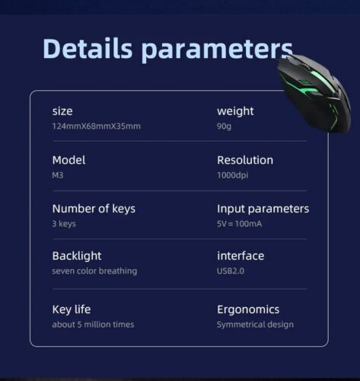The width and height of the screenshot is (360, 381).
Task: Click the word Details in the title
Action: pyautogui.click(x=88, y=48)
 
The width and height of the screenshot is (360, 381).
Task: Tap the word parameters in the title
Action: pyautogui.click(x=217, y=50)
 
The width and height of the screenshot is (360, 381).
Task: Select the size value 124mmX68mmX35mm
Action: pyautogui.click(x=96, y=126)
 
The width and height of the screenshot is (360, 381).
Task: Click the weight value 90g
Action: pyautogui.click(x=224, y=126)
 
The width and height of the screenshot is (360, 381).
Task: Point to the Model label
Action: pyautogui.click(x=68, y=160)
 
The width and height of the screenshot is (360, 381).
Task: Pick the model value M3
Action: pyautogui.click(x=58, y=175)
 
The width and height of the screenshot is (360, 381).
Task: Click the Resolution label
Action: pyautogui.click(x=245, y=160)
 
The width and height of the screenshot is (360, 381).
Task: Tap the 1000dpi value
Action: pyautogui.click(x=233, y=175)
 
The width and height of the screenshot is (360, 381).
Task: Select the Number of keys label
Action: pyautogui.click(x=94, y=209)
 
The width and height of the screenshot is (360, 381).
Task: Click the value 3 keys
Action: pyautogui.click(x=64, y=224)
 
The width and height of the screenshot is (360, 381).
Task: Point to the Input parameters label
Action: pyautogui.click(x=263, y=209)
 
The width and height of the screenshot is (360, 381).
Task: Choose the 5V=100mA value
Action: pyautogui.click(x=239, y=224)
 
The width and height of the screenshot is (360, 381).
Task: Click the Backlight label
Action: pyautogui.click(x=77, y=256)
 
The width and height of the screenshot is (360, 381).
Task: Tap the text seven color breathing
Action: pyautogui.click(x=94, y=271)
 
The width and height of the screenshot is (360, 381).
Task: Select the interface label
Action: pyautogui.click(x=241, y=256)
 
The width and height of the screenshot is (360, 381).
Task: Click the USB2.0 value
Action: pyautogui.click(x=231, y=271)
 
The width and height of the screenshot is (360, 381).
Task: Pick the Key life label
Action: pyautogui.click(x=72, y=309)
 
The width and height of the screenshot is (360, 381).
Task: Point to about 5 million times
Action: pyautogui.click(x=93, y=325)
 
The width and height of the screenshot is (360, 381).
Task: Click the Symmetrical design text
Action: pyautogui.click(x=255, y=325)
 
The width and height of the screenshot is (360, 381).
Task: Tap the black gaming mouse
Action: pyautogui.click(x=314, y=93)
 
